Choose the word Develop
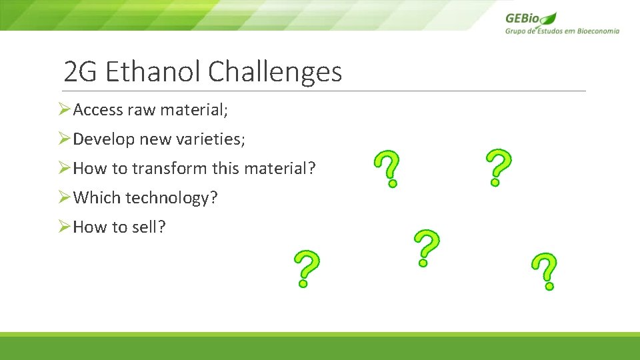103,139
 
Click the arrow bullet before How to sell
64,227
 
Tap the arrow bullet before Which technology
64,198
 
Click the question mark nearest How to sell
305,269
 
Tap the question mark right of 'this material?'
388,168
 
